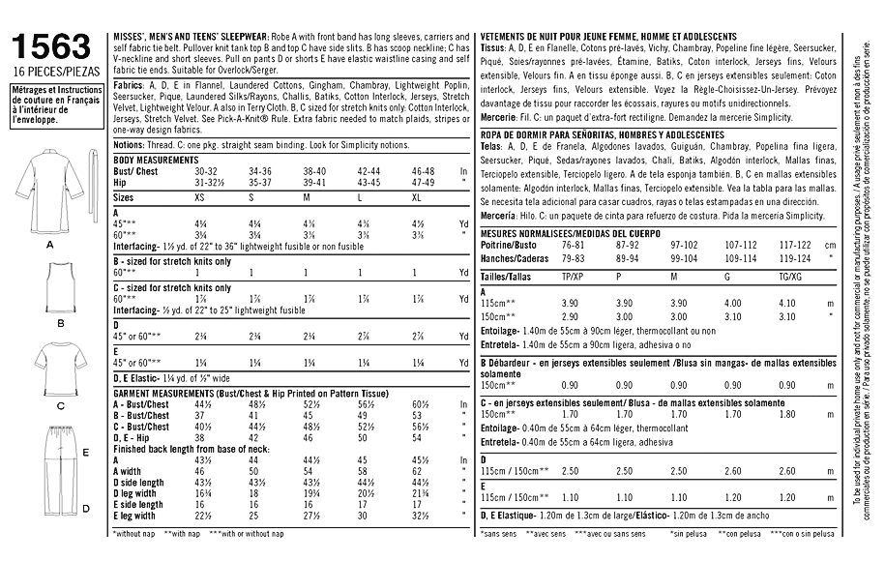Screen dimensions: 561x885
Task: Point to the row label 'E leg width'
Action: (x=137, y=517)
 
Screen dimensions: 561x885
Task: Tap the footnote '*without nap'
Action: (x=134, y=534)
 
